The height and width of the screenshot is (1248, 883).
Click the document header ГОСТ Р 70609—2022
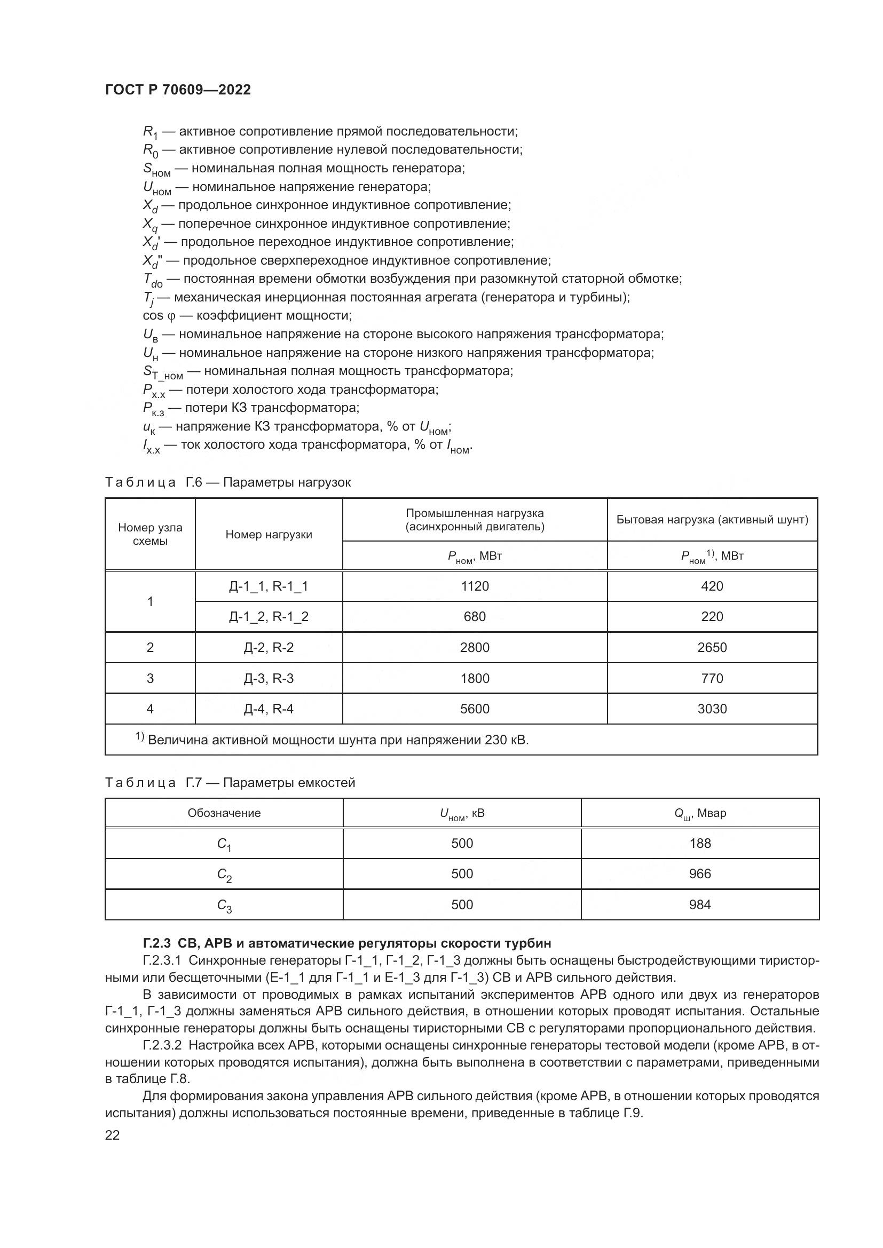click(178, 90)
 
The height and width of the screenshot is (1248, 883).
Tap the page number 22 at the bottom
click(113, 1135)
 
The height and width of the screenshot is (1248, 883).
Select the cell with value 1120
click(475, 586)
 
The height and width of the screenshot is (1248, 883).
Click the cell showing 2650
click(712, 647)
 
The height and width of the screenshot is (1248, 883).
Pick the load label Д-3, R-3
click(269, 678)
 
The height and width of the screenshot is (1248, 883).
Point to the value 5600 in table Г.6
click(475, 709)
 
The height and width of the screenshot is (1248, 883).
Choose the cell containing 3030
click(712, 709)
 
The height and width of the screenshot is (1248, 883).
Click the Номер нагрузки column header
click(269, 534)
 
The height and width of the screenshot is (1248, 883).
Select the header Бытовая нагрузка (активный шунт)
click(712, 520)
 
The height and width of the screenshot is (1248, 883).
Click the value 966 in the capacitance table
click(700, 873)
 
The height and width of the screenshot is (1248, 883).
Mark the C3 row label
click(224, 905)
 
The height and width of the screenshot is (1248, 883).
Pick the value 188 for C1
click(700, 843)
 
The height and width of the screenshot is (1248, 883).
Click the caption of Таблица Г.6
click(228, 482)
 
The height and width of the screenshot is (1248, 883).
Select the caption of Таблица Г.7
click(230, 783)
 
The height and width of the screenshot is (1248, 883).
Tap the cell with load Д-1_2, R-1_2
click(269, 616)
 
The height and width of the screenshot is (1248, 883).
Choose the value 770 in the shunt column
click(712, 678)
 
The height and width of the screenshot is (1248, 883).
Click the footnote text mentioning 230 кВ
click(337, 740)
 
